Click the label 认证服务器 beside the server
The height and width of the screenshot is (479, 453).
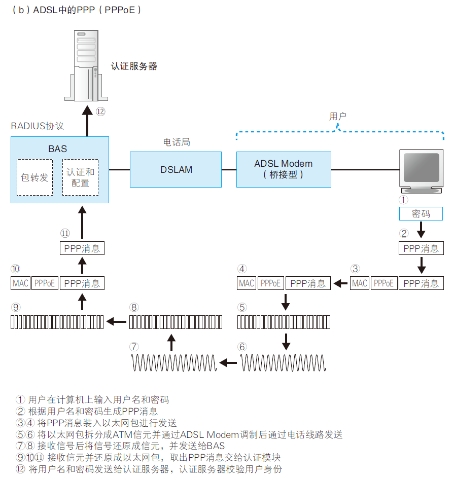coord(134,66)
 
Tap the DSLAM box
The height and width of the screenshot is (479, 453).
coord(176,170)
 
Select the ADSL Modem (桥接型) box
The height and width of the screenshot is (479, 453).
coord(283,169)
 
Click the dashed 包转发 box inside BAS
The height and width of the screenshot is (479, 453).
coord(34,177)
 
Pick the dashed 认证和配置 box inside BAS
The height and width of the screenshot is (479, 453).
coord(80,177)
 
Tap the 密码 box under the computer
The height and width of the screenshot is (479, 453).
coord(421,214)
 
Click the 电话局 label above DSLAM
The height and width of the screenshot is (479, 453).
coord(176,142)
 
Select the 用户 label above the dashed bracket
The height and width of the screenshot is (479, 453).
coord(338,117)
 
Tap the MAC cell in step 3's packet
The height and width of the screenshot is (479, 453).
coord(360,283)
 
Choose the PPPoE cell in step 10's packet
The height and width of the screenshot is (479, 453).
coord(45,283)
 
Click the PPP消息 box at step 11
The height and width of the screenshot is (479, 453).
coord(82,248)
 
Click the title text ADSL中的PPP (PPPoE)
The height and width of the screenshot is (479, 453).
coord(76,10)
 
